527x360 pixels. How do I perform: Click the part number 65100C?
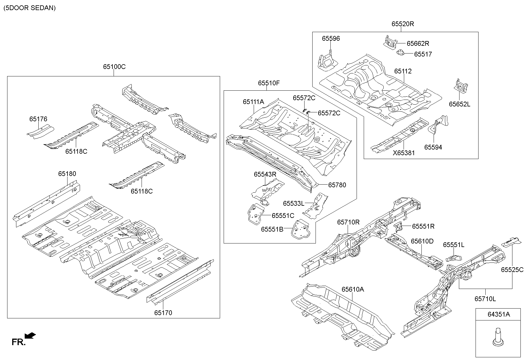click(x=114, y=67)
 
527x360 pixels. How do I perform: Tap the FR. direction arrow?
click(x=30, y=336)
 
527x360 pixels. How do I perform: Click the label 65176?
click(x=38, y=119)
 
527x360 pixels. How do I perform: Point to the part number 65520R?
click(x=402, y=24)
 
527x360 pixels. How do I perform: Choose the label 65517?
click(x=423, y=54)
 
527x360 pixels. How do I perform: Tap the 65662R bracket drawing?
click(x=390, y=42)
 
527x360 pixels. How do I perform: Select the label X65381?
click(x=404, y=153)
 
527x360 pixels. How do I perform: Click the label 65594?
click(x=433, y=147)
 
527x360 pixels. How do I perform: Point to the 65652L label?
click(x=459, y=104)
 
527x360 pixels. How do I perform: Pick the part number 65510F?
click(x=269, y=83)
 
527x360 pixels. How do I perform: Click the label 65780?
click(x=337, y=185)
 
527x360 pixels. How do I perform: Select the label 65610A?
click(x=352, y=289)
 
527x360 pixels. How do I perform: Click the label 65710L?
click(x=485, y=299)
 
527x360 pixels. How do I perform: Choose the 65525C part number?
click(x=512, y=270)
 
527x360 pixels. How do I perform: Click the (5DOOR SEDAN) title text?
click(x=29, y=8)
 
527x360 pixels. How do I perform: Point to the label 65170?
click(x=163, y=312)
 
